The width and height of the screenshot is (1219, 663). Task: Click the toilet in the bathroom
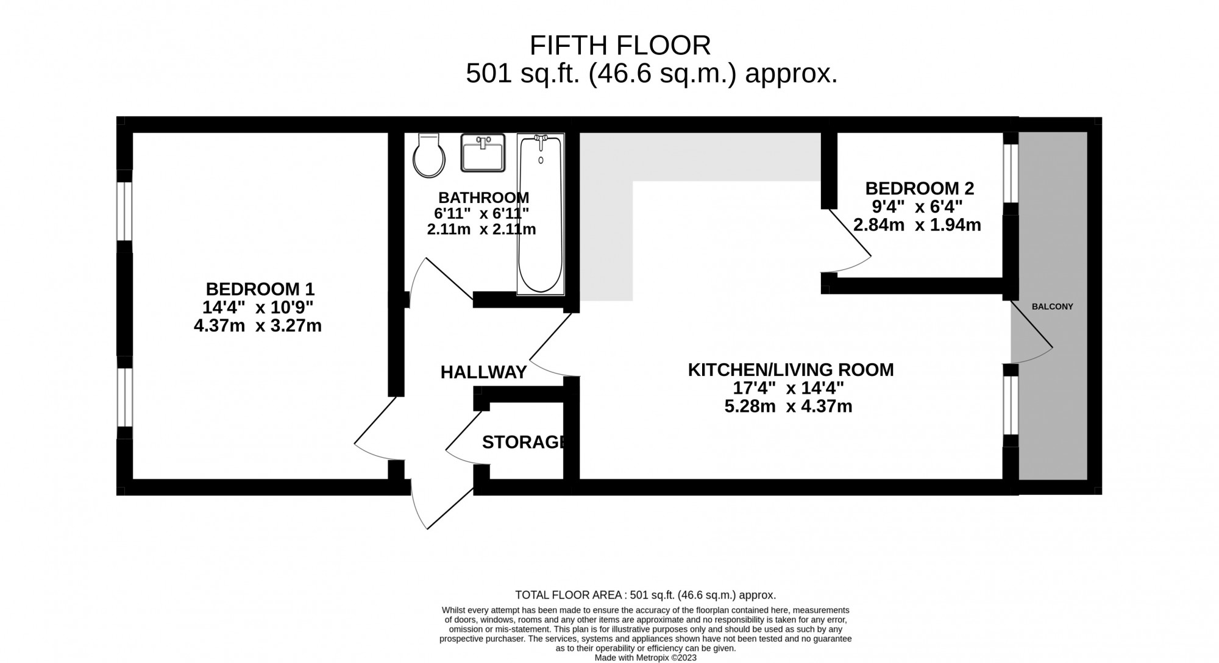[428, 156]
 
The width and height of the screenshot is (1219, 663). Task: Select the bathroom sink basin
[483, 153]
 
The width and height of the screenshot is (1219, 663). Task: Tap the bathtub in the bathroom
[540, 214]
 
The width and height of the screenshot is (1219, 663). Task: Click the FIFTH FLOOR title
[620, 46]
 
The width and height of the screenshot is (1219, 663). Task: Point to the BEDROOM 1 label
[260, 289]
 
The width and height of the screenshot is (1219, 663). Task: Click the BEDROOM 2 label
[919, 188]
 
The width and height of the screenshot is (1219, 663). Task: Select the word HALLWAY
[483, 372]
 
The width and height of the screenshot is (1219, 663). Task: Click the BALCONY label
[1052, 307]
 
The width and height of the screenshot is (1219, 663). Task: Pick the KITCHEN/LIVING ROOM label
[791, 370]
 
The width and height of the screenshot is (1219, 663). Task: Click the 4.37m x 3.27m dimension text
[257, 326]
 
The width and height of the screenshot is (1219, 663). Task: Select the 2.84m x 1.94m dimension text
[917, 225]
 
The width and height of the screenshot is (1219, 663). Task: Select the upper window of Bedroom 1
[124, 211]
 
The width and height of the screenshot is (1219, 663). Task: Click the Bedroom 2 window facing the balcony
[1011, 172]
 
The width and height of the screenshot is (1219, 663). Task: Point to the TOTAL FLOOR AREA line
[645, 595]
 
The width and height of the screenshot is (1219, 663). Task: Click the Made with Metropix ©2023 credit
[645, 658]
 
